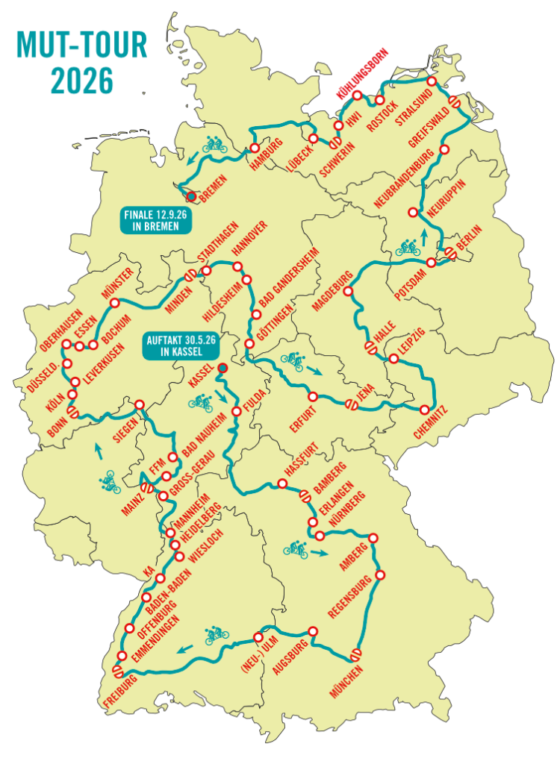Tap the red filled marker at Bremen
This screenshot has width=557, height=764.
pyautogui.click(x=191, y=196)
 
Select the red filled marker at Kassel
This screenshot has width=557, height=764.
pyautogui.click(x=222, y=367)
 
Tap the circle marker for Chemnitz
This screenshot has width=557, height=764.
pyautogui.click(x=425, y=410)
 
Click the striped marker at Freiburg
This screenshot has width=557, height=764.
pyautogui.click(x=117, y=671)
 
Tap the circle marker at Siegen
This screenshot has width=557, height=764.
pyautogui.click(x=139, y=404)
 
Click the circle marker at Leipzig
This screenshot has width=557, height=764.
pyautogui.click(x=393, y=360)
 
